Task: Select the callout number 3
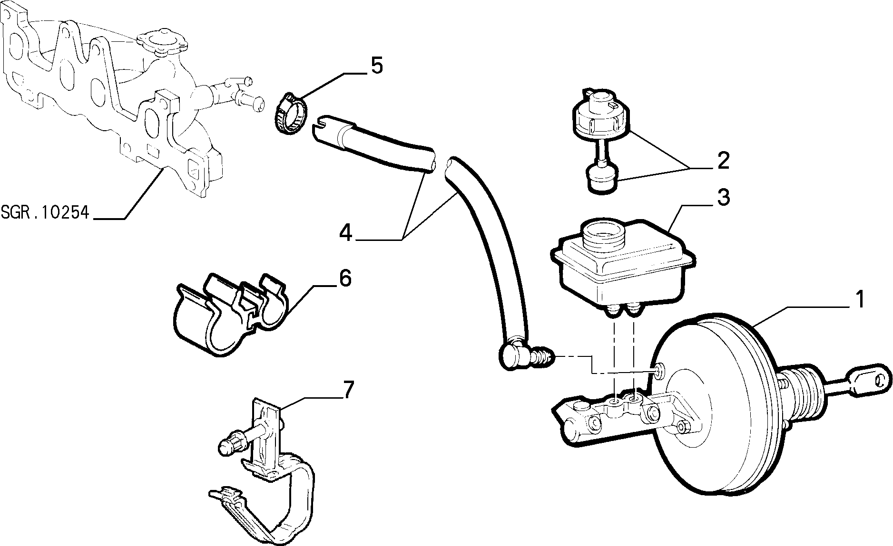coord(723,197)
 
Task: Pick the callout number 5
coord(376,66)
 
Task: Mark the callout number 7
coord(349,390)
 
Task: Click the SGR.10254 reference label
coord(45,212)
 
